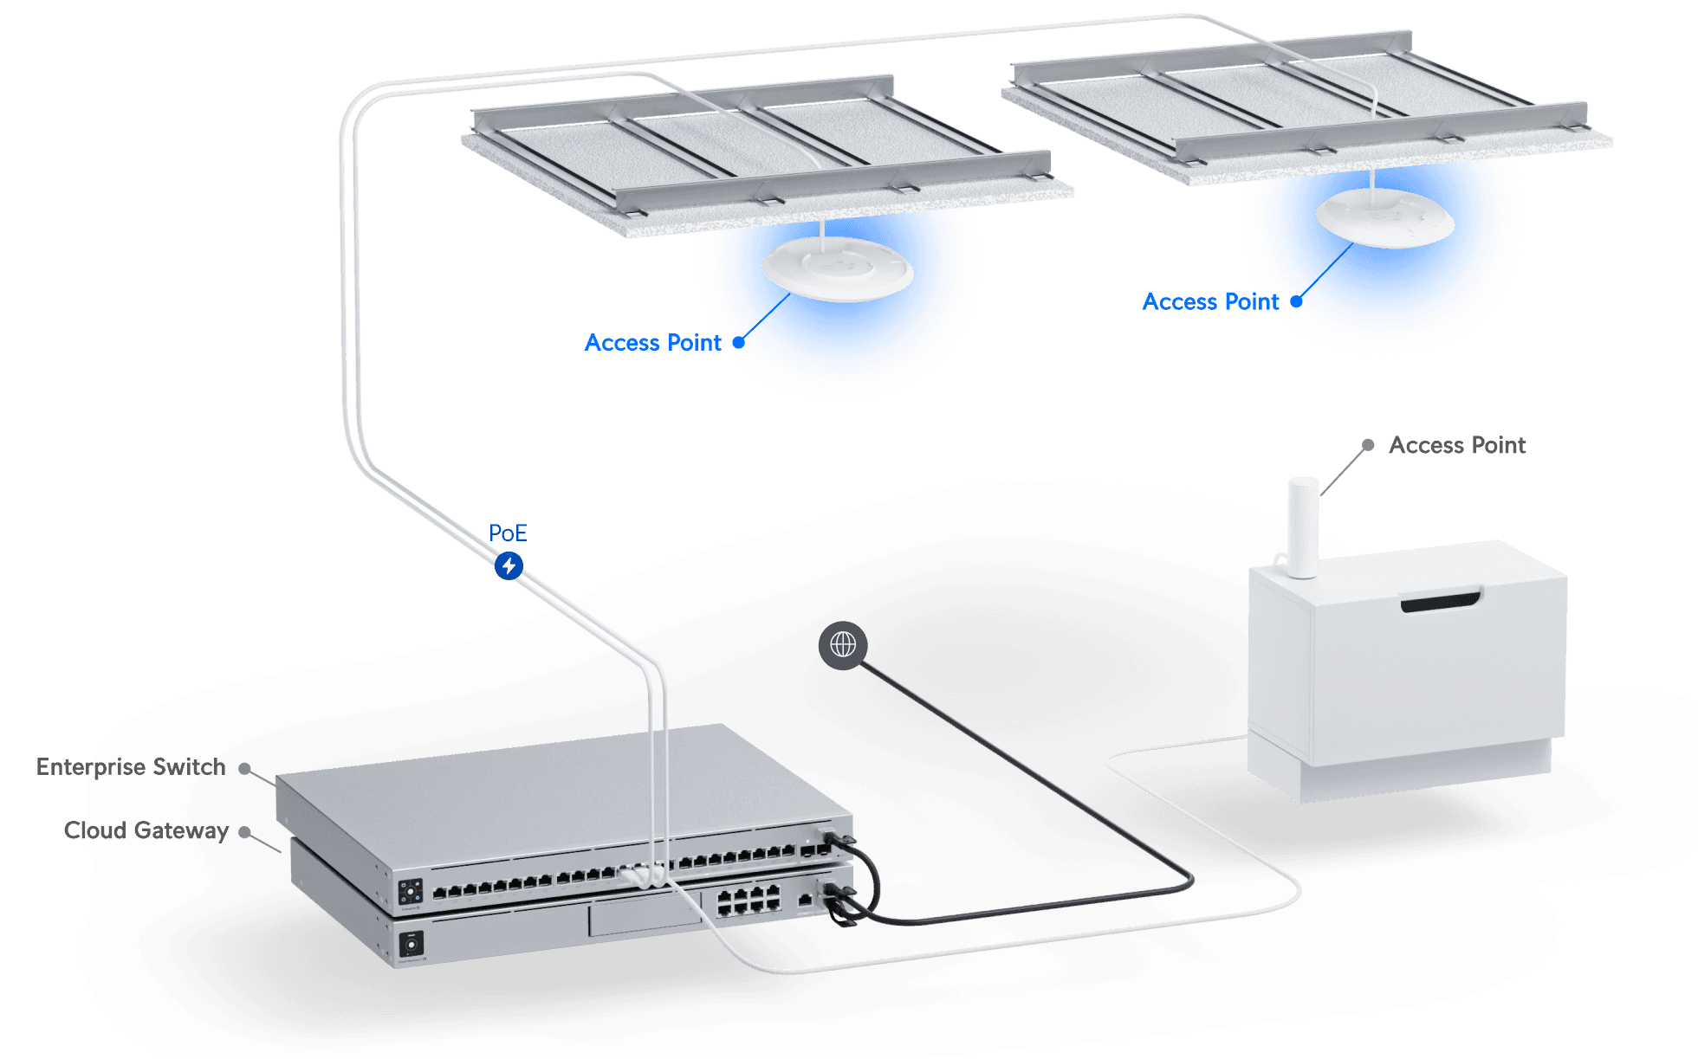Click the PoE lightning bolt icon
509,565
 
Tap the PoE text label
508,533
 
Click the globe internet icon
843,644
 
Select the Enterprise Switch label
130,767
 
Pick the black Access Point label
1457,445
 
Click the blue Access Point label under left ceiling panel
653,343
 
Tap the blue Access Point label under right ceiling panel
1211,301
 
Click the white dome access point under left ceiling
837,269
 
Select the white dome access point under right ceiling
1384,218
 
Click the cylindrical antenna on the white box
1303,526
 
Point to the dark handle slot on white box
1441,601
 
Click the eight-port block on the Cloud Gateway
748,900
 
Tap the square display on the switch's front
410,892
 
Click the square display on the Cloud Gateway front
412,943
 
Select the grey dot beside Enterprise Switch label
245,768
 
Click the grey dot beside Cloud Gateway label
245,831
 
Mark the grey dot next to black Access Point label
1368,445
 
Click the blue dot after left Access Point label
739,342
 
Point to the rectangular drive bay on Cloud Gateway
645,915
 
